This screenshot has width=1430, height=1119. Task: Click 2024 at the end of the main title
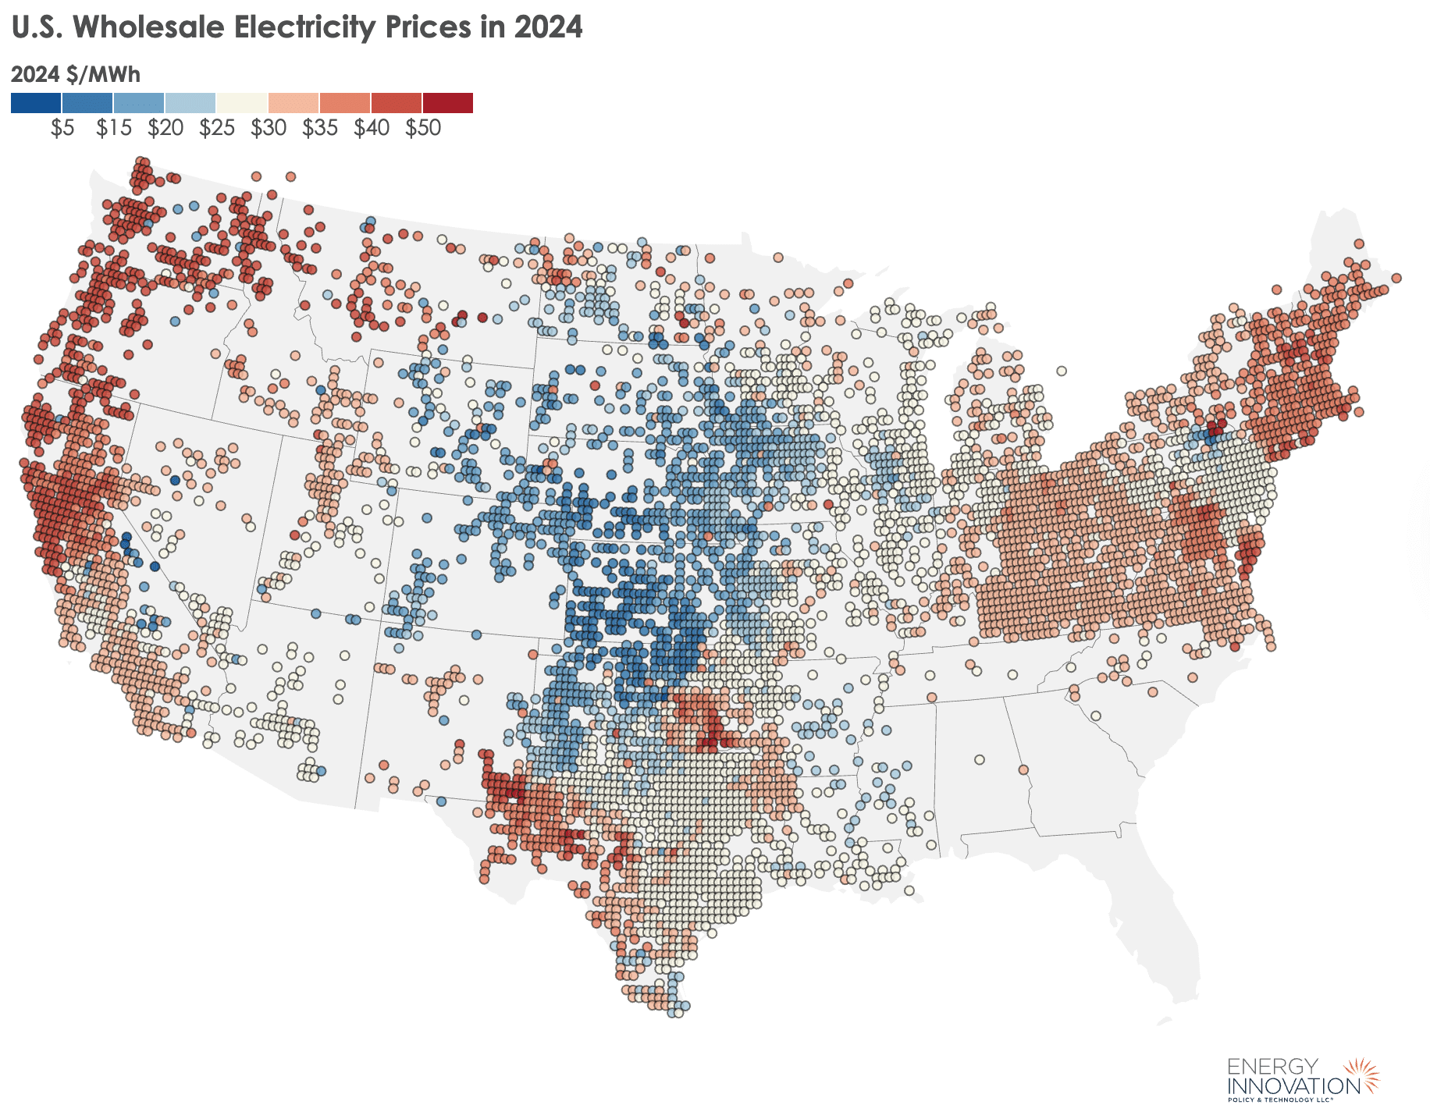point(548,27)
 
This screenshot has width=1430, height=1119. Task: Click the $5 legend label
point(62,128)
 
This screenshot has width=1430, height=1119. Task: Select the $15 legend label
point(114,128)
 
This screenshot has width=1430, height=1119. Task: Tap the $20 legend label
point(165,128)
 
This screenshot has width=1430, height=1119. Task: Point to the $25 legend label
point(217,128)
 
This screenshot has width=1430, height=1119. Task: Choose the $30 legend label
point(269,128)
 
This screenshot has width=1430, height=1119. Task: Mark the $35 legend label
point(320,128)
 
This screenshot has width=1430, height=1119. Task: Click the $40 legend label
point(372,128)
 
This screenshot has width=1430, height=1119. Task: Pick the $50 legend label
point(423,128)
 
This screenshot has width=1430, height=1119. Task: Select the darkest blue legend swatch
point(36,103)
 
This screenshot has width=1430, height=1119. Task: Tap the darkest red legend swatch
point(448,103)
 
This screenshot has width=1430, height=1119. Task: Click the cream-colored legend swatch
point(242,103)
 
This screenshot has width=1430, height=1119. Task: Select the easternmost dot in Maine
point(1396,278)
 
